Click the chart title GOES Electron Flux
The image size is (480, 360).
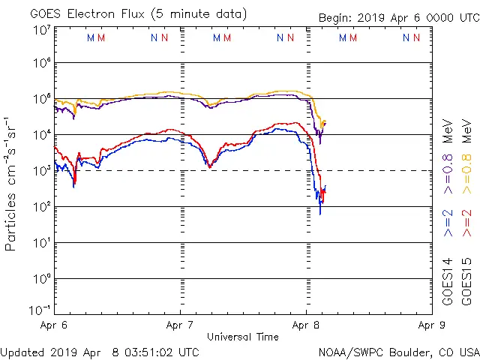pos(82,14)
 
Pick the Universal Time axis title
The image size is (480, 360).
pos(242,337)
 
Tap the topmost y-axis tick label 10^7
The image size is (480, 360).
pos(41,30)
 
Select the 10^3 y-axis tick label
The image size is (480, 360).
pos(41,170)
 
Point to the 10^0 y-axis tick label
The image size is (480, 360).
pos(41,278)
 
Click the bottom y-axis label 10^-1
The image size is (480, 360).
pos(39,309)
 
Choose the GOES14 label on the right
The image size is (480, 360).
pos(447,282)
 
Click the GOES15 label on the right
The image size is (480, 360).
pos(466,282)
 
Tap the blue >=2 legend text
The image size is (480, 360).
pos(447,223)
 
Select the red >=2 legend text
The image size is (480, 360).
pos(466,223)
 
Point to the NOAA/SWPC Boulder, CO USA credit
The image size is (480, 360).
pos(398,352)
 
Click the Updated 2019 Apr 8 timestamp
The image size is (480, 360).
pos(100,352)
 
